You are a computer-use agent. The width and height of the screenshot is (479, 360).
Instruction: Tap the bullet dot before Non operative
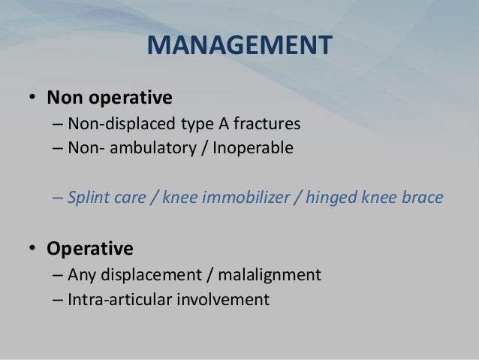[33, 98]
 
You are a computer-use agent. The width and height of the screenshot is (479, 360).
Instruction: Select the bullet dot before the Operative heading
[33, 249]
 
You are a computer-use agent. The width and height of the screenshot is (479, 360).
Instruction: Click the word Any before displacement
[80, 274]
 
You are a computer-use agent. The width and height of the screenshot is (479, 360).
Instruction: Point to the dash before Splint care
[58, 199]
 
